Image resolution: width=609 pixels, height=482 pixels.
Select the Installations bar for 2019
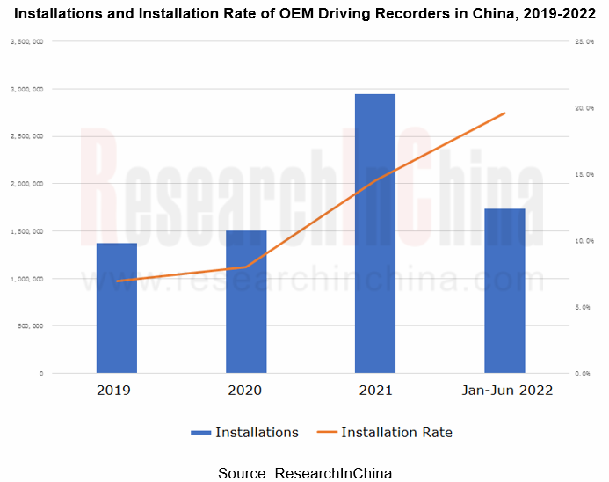point(116,308)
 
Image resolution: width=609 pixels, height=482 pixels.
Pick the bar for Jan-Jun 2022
point(504,290)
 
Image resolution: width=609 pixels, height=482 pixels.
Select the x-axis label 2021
point(375,390)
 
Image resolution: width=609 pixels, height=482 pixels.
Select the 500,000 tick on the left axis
point(31,325)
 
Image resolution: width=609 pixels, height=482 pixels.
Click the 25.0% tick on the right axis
point(584,41)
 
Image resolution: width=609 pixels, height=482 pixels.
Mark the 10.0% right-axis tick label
point(584,240)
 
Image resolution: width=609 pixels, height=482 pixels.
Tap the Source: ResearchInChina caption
point(304,472)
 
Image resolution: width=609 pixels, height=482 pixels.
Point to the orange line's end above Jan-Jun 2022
point(504,113)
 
